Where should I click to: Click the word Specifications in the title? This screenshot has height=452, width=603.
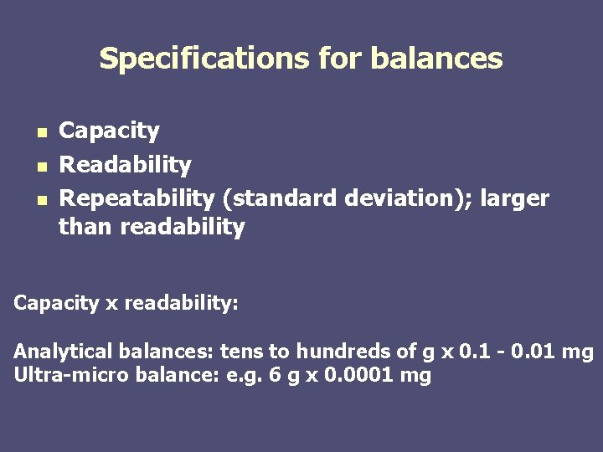click(x=204, y=59)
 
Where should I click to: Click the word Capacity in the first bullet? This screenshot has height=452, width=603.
click(x=109, y=131)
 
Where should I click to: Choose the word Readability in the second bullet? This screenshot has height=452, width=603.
click(x=125, y=165)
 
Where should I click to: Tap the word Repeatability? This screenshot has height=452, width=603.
click(x=137, y=198)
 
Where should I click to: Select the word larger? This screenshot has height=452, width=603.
click(x=515, y=198)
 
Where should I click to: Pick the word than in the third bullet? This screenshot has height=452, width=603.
click(x=86, y=227)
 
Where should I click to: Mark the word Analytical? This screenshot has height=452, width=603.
click(x=63, y=352)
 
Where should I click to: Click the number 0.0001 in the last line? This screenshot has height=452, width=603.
click(x=355, y=375)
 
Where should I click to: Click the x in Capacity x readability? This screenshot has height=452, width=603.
click(x=111, y=303)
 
